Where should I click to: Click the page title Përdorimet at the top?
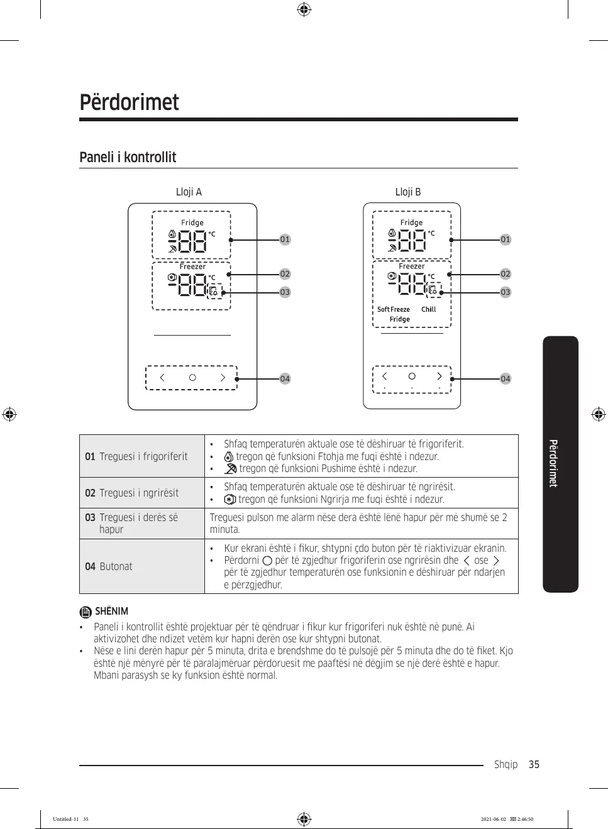tap(129, 102)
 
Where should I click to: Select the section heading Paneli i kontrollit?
tap(128, 157)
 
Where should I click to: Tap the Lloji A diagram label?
tap(189, 192)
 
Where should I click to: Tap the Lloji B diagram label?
tap(408, 192)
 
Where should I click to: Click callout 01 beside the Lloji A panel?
tap(285, 239)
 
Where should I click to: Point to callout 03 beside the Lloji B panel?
tap(506, 292)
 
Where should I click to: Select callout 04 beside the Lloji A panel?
tap(285, 379)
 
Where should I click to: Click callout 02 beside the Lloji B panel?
tap(506, 274)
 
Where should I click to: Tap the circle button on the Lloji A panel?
tap(192, 378)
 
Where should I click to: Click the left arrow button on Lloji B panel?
tap(385, 376)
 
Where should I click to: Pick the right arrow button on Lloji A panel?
tap(223, 378)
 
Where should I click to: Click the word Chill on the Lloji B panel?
tap(428, 309)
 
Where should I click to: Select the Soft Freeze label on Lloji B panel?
tap(394, 309)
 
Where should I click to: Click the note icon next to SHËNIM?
tap(86, 612)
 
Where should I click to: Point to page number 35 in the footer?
tap(534, 764)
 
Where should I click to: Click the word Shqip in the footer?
tap(506, 764)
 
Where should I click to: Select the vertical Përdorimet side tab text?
tap(553, 463)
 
